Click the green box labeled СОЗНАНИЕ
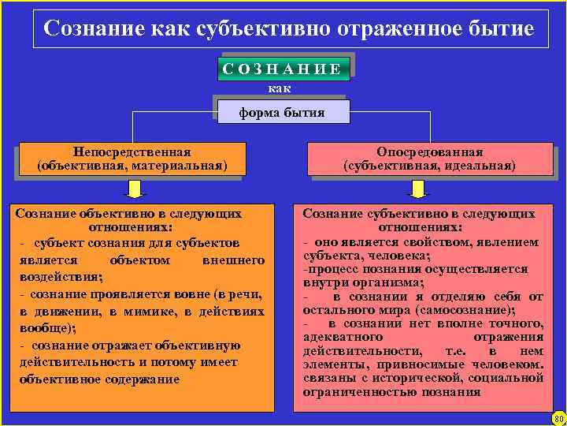tap(282, 69)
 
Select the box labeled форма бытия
tap(282, 112)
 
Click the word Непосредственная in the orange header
tap(132, 151)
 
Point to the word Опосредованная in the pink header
tap(429, 151)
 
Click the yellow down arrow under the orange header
tap(135, 189)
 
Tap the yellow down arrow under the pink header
tap(417, 189)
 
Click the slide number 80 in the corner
tap(558, 418)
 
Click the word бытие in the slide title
tap(502, 29)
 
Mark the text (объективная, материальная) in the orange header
tap(132, 166)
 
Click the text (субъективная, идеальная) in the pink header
tap(429, 166)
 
